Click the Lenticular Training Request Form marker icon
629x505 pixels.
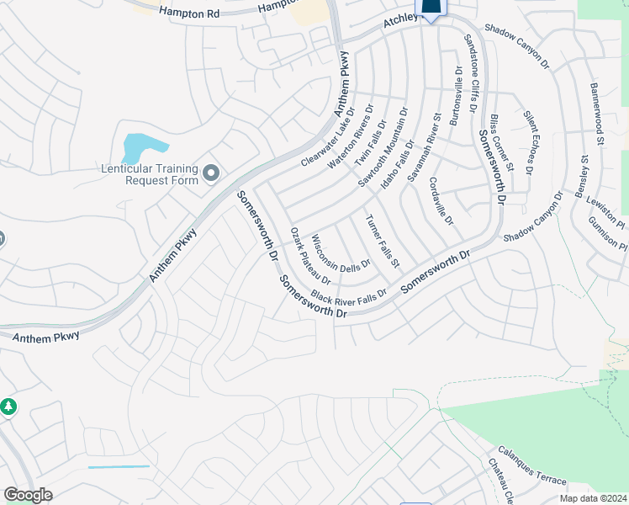click(210, 173)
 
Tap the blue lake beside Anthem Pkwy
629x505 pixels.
click(135, 147)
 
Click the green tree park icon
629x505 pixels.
click(8, 407)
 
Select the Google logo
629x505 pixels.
click(28, 495)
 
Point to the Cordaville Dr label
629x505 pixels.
click(441, 201)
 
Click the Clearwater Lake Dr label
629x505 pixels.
click(328, 136)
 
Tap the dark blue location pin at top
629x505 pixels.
click(431, 8)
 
